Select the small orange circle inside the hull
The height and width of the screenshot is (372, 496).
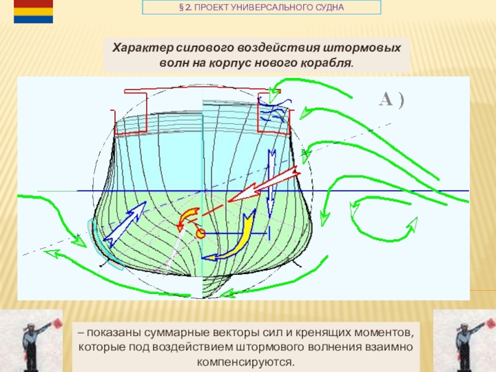(x=201, y=233)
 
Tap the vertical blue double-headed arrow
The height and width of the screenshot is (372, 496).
(x=271, y=180)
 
